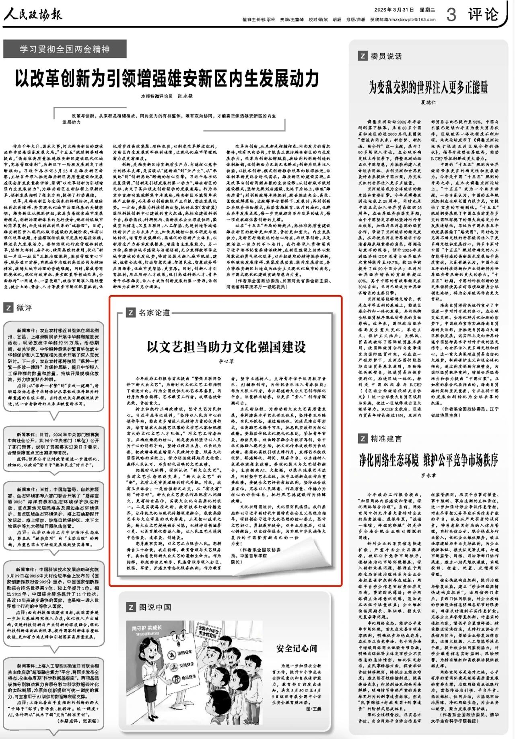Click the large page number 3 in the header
click(451, 15)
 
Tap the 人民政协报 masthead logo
click(33, 15)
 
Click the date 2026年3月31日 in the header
click(394, 10)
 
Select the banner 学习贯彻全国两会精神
click(65, 49)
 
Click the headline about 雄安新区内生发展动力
click(167, 78)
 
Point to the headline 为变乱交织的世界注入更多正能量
click(428, 87)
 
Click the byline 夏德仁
click(428, 103)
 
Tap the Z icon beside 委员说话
click(362, 56)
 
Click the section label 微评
click(24, 308)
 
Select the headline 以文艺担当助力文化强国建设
click(226, 347)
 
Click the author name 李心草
click(226, 361)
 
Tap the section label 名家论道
click(154, 312)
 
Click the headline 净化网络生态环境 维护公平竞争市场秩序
click(428, 460)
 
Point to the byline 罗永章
click(428, 475)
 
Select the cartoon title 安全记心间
click(297, 648)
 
